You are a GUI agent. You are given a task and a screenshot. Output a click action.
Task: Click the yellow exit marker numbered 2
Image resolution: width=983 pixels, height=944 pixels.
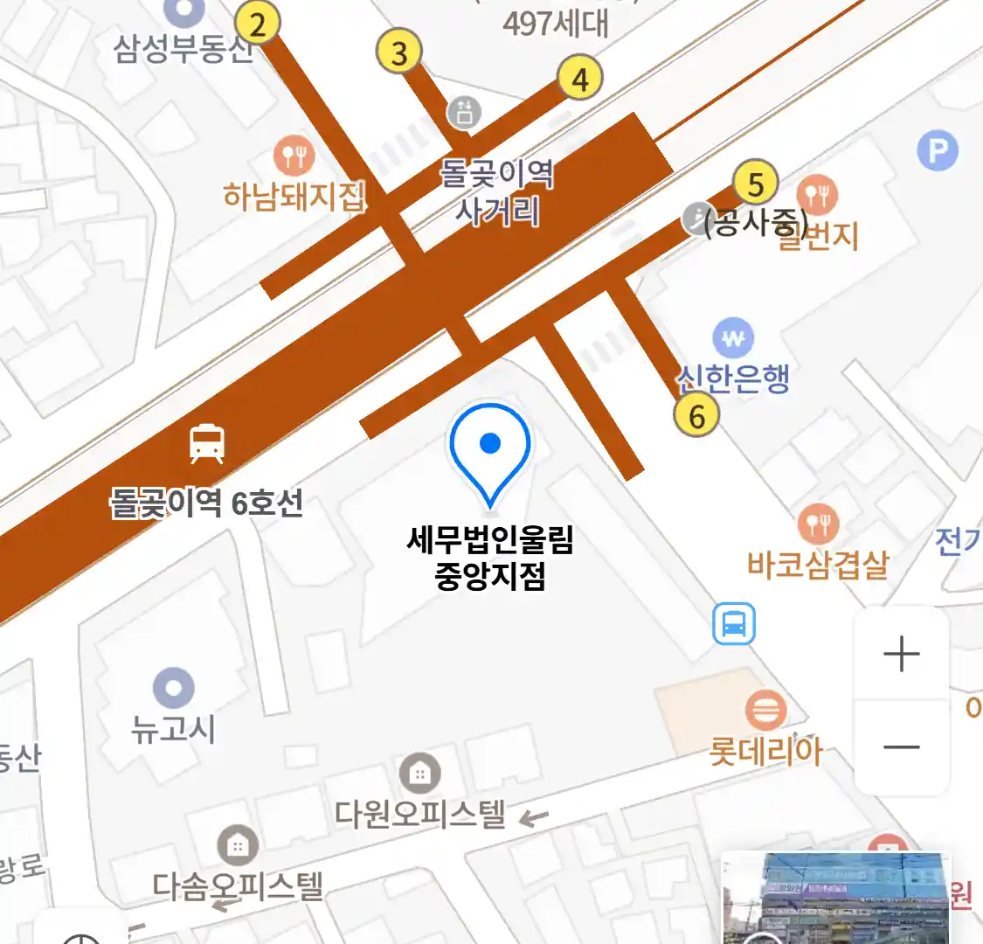(257, 24)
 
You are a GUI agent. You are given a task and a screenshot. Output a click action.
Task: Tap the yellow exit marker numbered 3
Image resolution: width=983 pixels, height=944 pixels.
(399, 52)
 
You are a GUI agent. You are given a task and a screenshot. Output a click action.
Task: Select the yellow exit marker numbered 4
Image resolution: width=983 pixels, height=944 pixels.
(580, 79)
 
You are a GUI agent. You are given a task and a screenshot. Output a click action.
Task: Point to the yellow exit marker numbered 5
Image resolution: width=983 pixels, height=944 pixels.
(756, 184)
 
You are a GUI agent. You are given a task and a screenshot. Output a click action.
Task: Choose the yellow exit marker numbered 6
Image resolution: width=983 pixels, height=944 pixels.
(696, 415)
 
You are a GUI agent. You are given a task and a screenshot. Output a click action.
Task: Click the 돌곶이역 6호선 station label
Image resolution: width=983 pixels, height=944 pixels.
(206, 503)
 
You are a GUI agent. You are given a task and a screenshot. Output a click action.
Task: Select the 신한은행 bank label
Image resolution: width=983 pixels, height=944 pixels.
(734, 378)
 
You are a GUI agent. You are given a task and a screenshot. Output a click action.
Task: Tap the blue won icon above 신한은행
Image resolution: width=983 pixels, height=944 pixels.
(733, 338)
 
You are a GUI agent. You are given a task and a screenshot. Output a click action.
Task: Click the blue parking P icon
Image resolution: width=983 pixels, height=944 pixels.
(938, 152)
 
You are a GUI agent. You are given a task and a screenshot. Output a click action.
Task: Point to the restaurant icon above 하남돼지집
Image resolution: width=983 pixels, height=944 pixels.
(294, 156)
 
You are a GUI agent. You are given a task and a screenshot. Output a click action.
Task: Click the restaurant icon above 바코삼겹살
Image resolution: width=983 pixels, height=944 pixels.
(818, 524)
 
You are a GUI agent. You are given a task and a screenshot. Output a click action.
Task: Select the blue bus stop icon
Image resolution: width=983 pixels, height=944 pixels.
(733, 624)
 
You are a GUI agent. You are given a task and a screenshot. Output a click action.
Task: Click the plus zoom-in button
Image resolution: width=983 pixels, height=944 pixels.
(902, 654)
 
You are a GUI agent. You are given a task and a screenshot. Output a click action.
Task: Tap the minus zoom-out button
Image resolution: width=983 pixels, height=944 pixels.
(902, 748)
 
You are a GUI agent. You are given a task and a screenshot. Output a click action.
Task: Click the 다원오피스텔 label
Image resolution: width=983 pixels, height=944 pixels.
(420, 814)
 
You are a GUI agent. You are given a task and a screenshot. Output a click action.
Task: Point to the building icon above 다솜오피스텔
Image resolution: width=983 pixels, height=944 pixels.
(237, 845)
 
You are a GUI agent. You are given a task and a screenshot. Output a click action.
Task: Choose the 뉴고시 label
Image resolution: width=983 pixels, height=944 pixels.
(173, 728)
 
